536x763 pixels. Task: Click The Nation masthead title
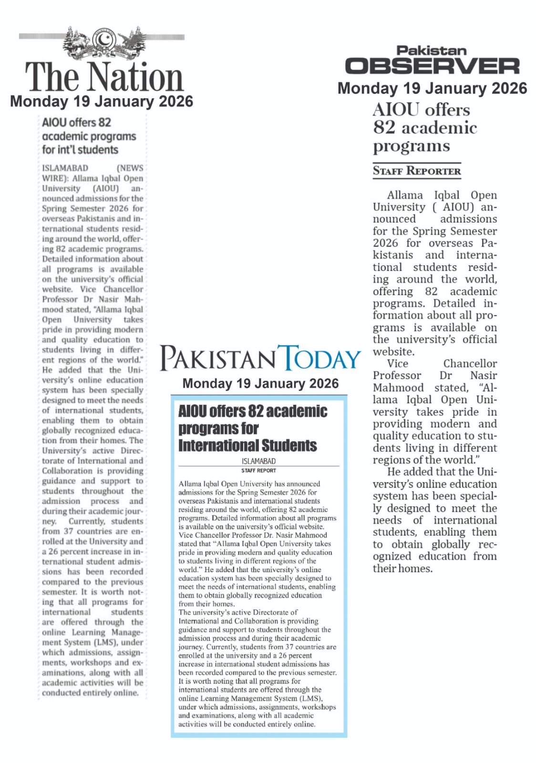[104, 77]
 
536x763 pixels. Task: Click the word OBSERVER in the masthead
[432, 66]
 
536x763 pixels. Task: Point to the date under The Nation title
[102, 102]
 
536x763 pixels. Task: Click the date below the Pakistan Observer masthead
[432, 89]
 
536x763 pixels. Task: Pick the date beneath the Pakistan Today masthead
[260, 384]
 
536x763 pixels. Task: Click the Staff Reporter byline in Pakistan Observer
[417, 171]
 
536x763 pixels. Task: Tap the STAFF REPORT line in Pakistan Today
[258, 471]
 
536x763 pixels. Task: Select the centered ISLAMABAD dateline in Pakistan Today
[258, 461]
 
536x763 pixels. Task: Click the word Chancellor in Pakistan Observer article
[470, 364]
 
